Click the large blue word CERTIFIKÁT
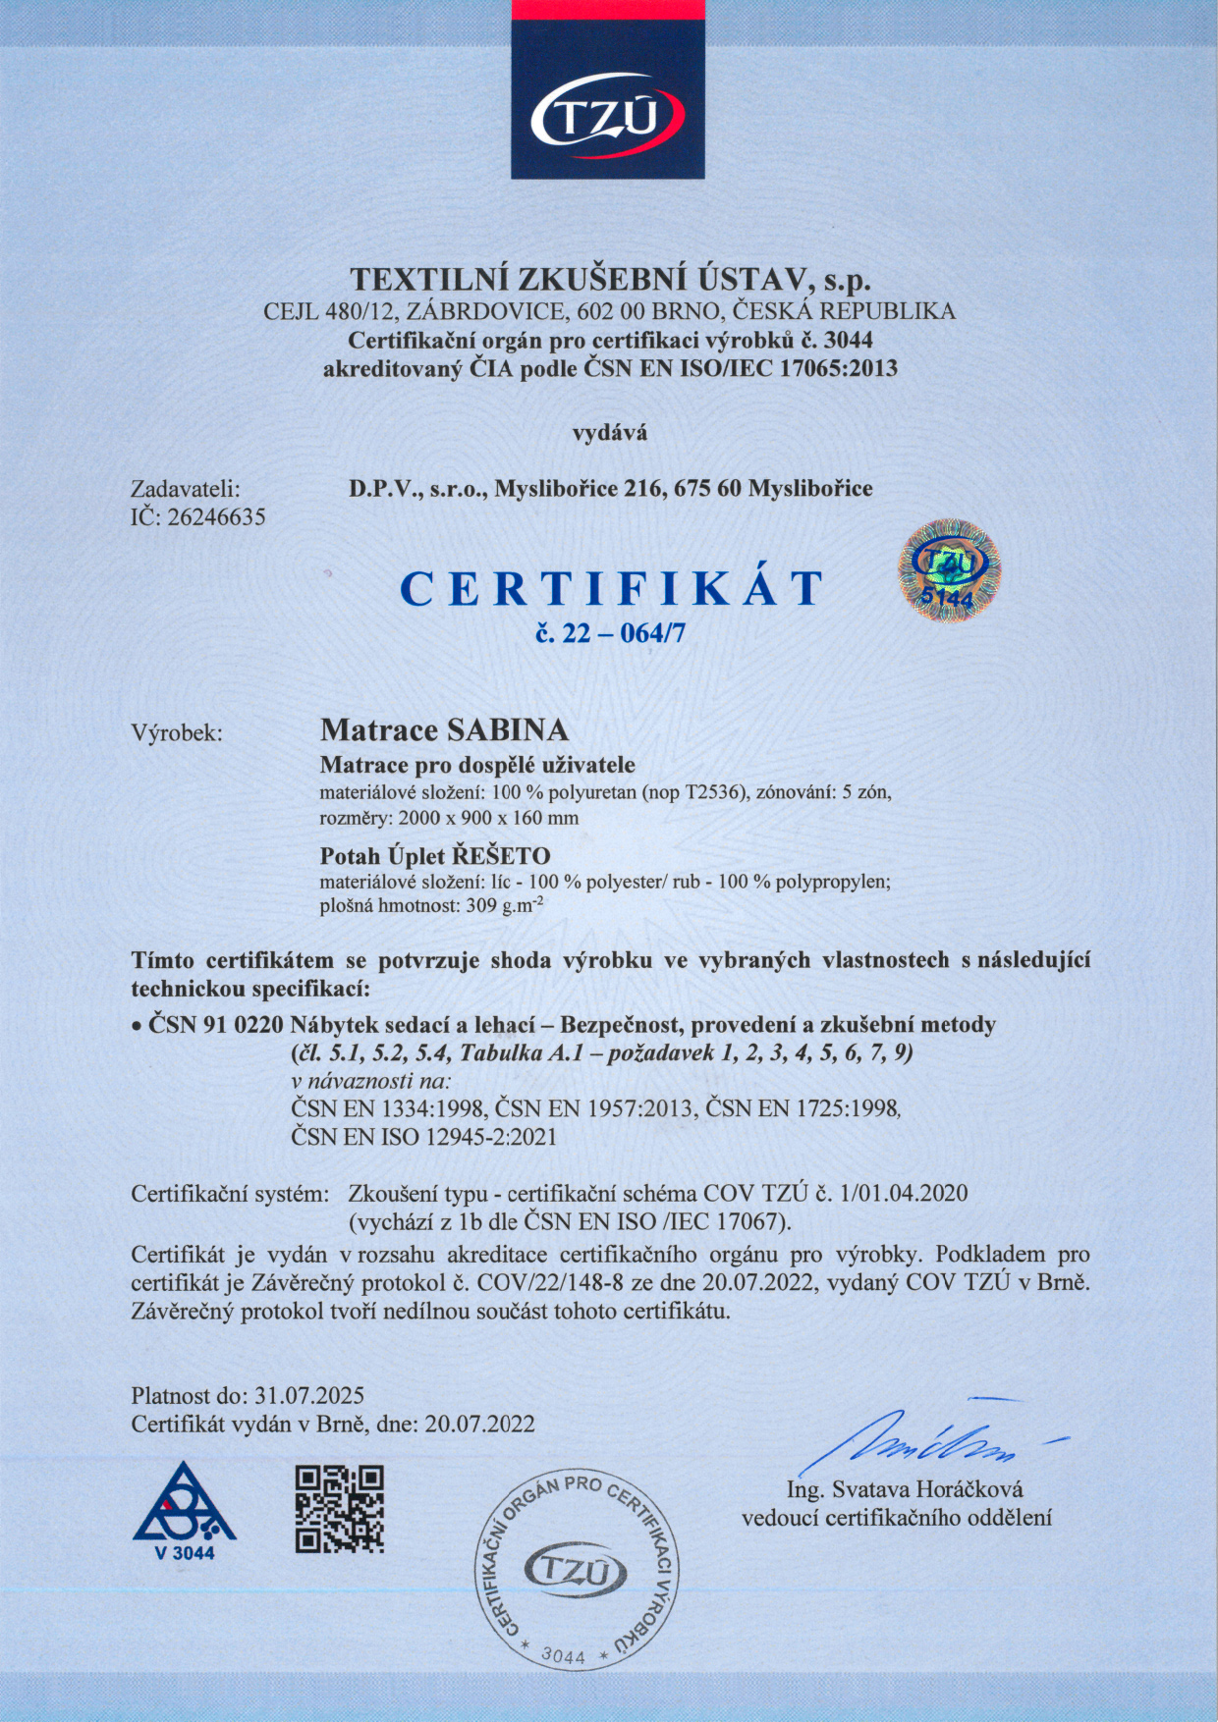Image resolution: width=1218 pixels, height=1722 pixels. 611,589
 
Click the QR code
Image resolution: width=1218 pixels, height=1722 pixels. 340,1508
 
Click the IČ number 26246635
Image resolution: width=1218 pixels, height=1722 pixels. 217,517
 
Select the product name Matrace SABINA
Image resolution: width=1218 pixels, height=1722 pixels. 444,730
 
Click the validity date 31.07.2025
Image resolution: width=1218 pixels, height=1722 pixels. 309,1395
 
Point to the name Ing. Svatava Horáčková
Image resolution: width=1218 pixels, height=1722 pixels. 905,1489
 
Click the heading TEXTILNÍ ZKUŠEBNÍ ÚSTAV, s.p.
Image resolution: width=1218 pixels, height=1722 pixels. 611,280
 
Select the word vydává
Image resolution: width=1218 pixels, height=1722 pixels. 610,431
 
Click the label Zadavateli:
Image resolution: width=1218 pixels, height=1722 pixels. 186,489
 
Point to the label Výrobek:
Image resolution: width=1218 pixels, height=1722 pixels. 177,732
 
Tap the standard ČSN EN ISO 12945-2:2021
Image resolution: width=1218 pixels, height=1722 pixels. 424,1137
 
